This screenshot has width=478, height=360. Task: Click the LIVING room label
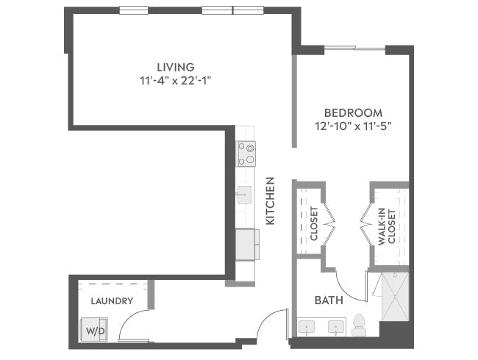click(x=179, y=68)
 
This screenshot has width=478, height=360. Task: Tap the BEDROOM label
click(x=353, y=113)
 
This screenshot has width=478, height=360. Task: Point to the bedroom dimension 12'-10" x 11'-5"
click(x=353, y=126)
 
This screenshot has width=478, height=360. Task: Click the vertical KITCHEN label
click(x=270, y=201)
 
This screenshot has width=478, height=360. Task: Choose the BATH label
click(x=328, y=300)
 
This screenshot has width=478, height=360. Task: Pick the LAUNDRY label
click(x=112, y=300)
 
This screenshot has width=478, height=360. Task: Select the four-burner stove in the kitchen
click(x=246, y=154)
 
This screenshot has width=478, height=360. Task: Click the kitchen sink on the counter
click(x=244, y=195)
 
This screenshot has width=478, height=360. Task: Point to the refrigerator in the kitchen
click(x=246, y=244)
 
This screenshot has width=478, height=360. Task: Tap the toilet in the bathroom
click(x=359, y=325)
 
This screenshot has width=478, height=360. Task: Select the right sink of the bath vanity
click(x=337, y=326)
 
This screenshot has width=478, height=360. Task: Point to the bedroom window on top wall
click(x=354, y=48)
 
